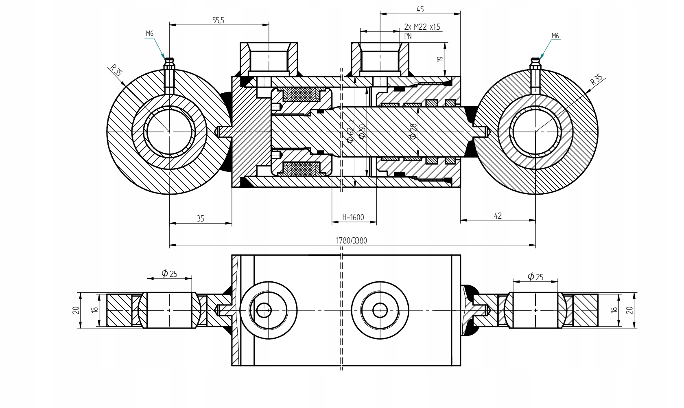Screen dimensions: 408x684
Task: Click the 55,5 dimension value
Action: pyautogui.click(x=218, y=21)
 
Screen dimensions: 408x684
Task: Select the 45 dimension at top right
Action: pyautogui.click(x=420, y=9)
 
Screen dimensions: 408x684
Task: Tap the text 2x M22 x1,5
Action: pyautogui.click(x=422, y=27)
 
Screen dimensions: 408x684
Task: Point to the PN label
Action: pyautogui.click(x=408, y=36)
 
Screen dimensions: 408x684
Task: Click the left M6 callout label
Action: pyautogui.click(x=150, y=34)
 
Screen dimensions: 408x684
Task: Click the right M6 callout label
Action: pyautogui.click(x=555, y=36)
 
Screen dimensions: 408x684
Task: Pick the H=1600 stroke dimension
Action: pyautogui.click(x=353, y=217)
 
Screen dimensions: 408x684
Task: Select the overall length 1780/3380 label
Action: pyautogui.click(x=351, y=241)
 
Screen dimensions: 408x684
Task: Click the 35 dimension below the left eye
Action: pyautogui.click(x=200, y=219)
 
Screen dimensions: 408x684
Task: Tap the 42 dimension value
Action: pyautogui.click(x=498, y=216)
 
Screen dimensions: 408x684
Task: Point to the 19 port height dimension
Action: pyautogui.click(x=439, y=59)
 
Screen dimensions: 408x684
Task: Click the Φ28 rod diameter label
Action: pyautogui.click(x=413, y=132)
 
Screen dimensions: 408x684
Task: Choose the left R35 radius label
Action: pyautogui.click(x=116, y=71)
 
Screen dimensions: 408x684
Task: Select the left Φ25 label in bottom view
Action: pyautogui.click(x=169, y=273)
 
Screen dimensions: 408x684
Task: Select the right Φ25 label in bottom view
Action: pyautogui.click(x=535, y=276)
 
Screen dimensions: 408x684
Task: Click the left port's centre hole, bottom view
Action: pyautogui.click(x=264, y=310)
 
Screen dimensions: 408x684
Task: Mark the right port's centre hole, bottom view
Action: pyautogui.click(x=380, y=310)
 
